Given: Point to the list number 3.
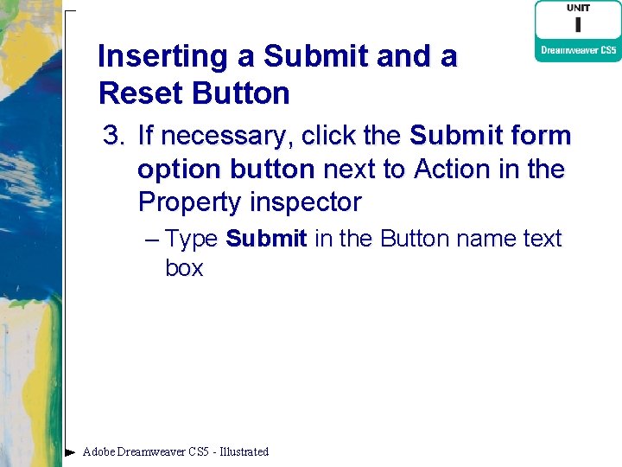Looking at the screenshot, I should (114, 136).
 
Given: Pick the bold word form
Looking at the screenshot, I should (542, 136).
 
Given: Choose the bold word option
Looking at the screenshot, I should (178, 170).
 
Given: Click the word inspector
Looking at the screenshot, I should (306, 202).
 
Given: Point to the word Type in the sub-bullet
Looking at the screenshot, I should (191, 239).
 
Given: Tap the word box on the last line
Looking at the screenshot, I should (184, 268).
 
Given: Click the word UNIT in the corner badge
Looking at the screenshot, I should (578, 8).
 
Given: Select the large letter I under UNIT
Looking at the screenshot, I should (578, 25).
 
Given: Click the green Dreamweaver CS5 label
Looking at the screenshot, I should (578, 51).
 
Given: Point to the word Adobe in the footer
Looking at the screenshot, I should (98, 451).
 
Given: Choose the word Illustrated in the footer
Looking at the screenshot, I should (244, 451).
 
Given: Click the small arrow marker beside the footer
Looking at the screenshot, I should (70, 451).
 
